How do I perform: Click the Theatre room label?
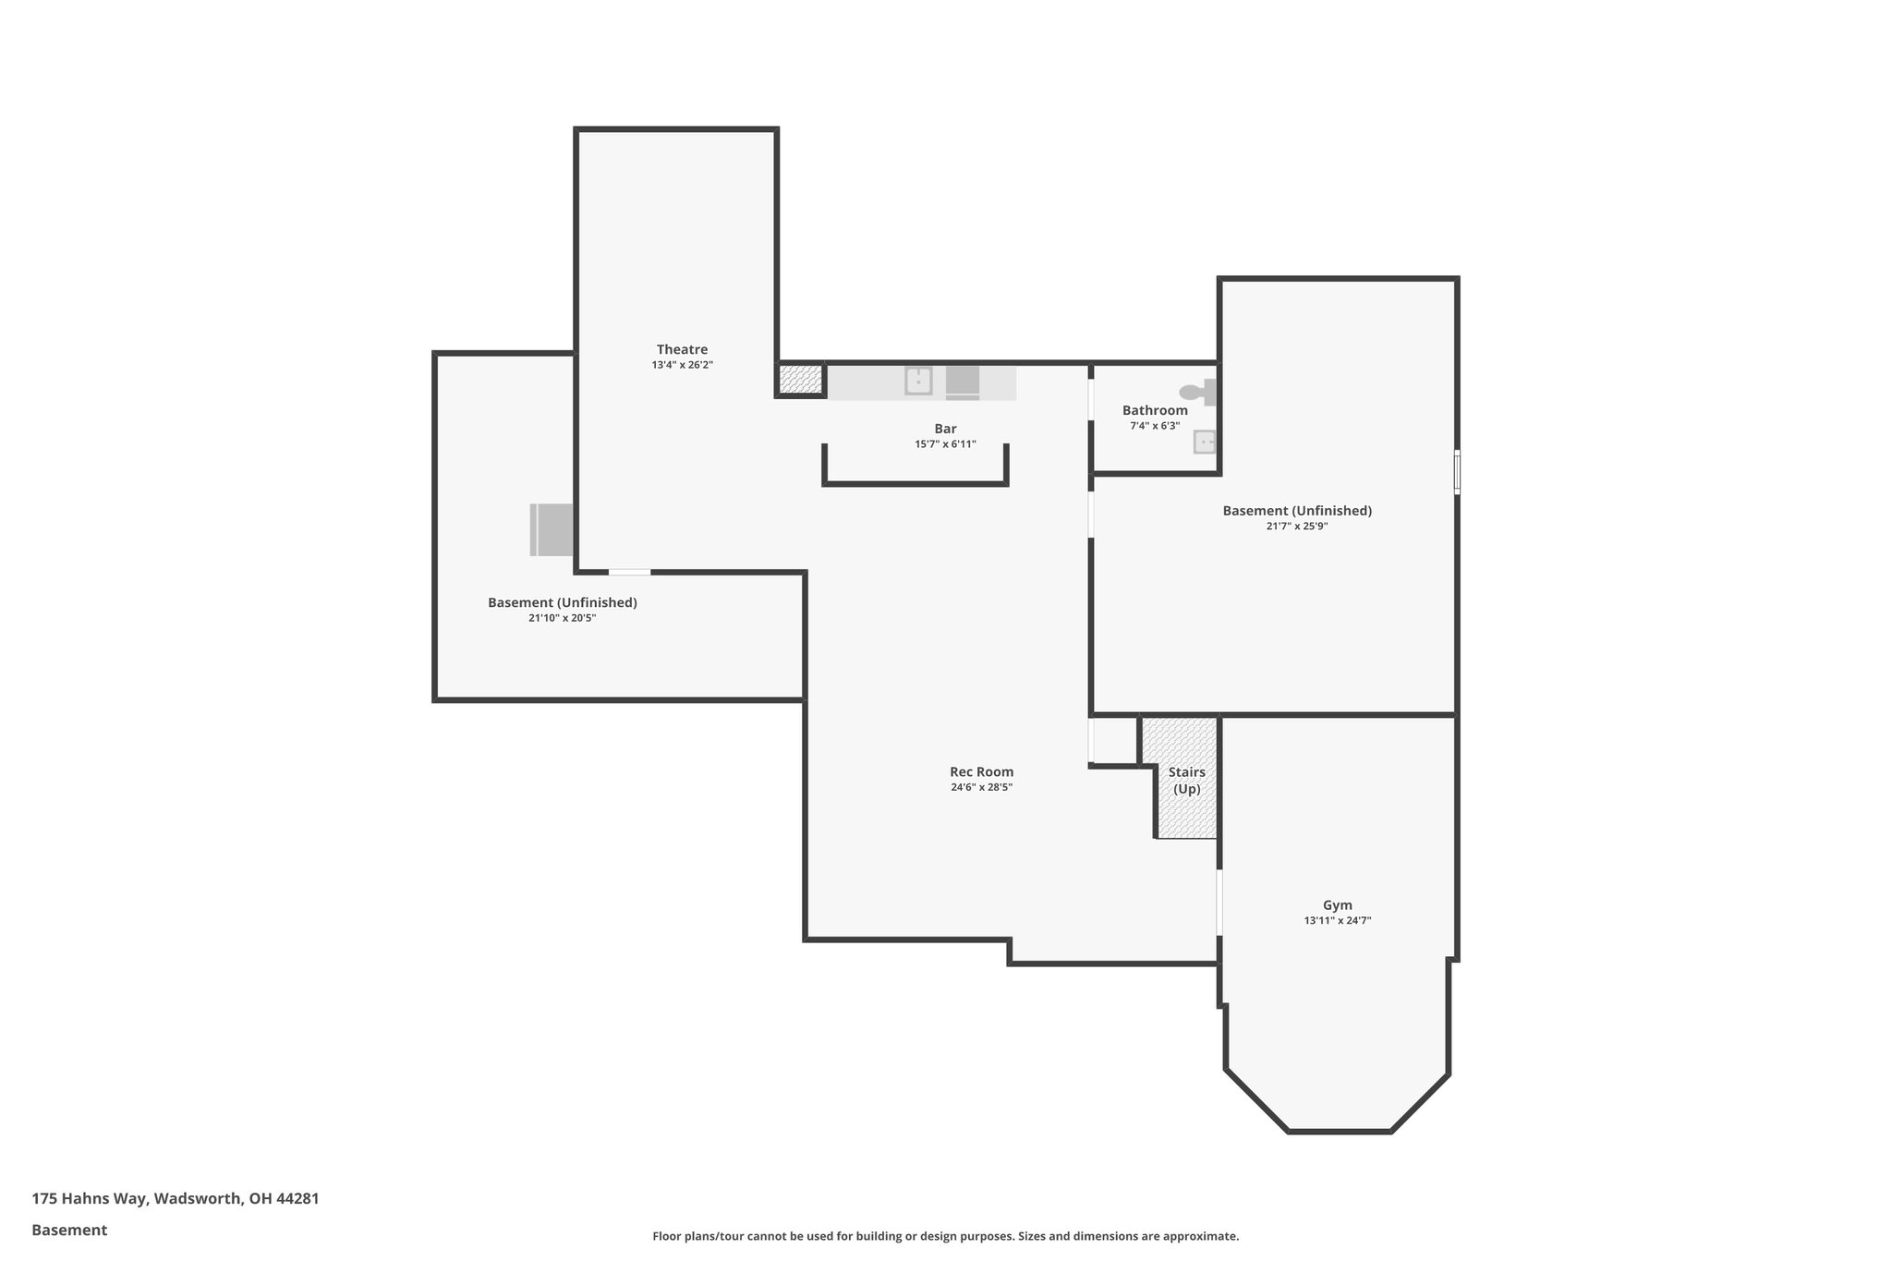(682, 349)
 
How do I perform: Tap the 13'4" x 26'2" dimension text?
(682, 365)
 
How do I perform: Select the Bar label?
(945, 429)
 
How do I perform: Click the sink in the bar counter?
(917, 381)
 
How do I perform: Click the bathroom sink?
(1205, 442)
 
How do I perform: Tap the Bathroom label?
(1155, 410)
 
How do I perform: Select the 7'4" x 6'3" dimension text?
(1155, 426)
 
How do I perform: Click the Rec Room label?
(981, 771)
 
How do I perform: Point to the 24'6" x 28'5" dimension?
(981, 787)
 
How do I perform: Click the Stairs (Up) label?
(1186, 780)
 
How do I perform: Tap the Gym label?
(1337, 905)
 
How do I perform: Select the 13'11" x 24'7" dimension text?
(1337, 921)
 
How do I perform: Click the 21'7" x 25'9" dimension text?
(1296, 527)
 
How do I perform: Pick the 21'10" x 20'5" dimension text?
(562, 618)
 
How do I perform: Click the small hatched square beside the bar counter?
(800, 380)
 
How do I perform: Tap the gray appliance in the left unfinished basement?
(552, 529)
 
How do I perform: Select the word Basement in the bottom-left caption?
(69, 1230)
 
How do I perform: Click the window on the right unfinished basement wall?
(1457, 472)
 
